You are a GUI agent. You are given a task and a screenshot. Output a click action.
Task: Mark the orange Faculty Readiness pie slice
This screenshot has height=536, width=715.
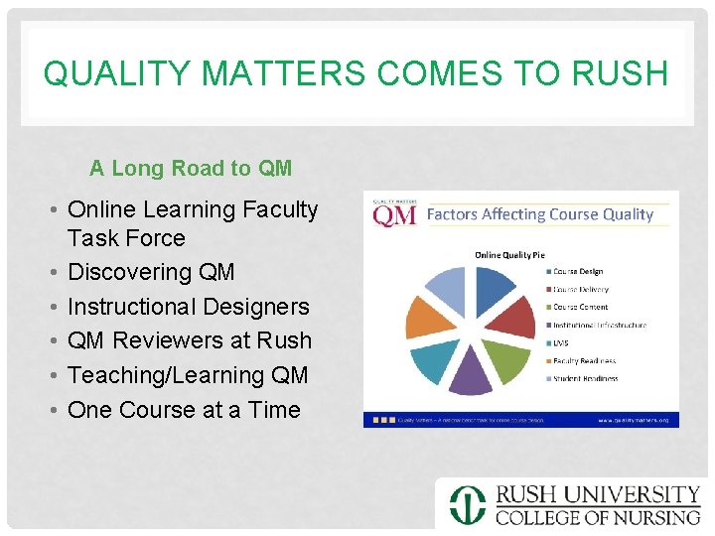click(431, 319)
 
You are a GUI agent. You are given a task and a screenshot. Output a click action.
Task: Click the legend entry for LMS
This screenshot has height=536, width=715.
click(561, 342)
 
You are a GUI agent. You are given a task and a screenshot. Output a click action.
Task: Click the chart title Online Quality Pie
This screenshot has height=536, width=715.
click(509, 255)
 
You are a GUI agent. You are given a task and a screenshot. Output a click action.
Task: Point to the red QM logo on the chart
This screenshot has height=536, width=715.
click(394, 214)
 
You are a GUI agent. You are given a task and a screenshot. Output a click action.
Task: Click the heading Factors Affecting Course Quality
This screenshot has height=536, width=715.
click(539, 214)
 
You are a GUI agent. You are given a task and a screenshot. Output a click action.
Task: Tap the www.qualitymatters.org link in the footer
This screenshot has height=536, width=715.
click(633, 420)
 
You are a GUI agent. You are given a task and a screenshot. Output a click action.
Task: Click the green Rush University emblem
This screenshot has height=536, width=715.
click(467, 504)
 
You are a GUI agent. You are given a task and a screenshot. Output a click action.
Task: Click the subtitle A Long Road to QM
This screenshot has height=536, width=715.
click(191, 169)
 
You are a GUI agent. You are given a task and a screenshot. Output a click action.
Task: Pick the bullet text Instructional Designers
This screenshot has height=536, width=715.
click(189, 307)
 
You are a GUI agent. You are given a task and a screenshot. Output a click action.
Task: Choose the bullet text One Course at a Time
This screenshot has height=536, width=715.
click(184, 409)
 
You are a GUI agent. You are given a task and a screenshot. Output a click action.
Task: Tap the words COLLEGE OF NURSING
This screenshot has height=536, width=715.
click(598, 517)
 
